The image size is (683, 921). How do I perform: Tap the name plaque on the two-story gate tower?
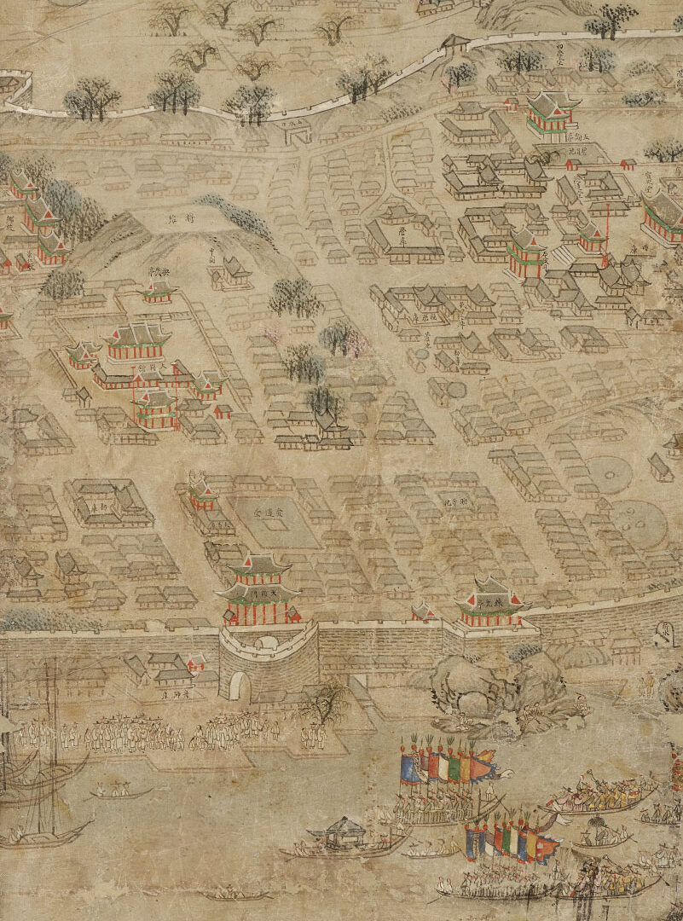[260, 589]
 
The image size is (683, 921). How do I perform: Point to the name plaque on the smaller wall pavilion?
[490, 601]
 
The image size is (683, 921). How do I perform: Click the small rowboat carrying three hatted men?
[119, 791]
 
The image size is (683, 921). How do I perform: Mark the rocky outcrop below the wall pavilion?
[486, 682]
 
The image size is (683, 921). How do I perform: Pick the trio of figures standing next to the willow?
[313, 733]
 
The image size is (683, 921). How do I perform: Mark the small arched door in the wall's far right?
[666, 634]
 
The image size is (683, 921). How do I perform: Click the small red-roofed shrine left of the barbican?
[196, 663]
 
